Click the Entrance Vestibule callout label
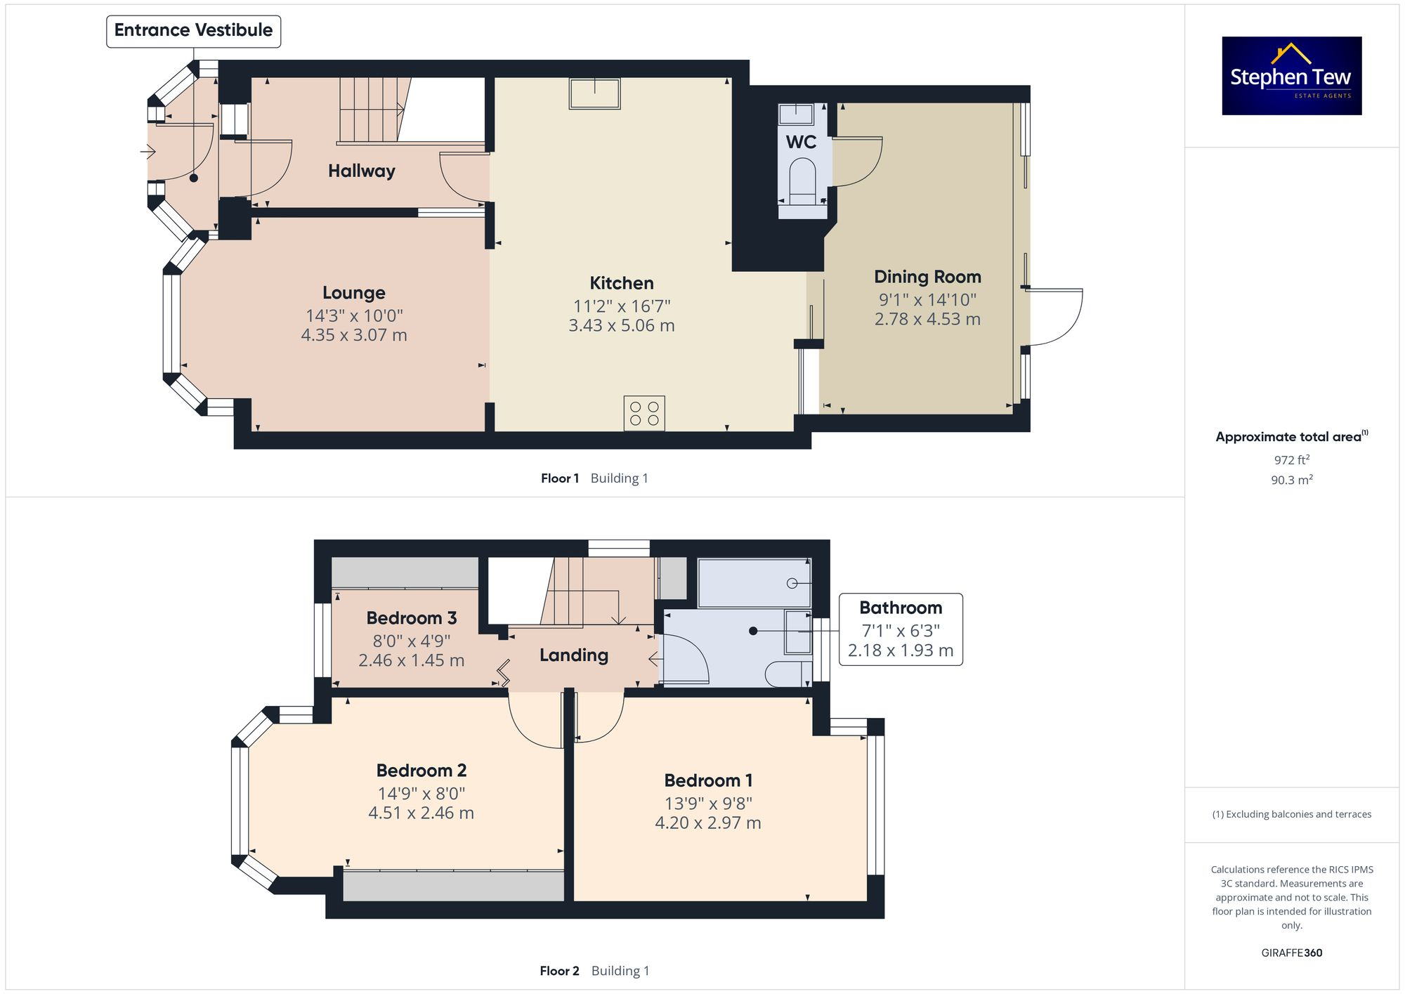tap(193, 31)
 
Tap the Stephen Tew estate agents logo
tap(1291, 76)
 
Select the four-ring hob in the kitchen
tap(644, 413)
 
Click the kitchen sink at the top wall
tap(594, 93)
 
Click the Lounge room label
tap(353, 293)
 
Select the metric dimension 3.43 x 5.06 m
tap(621, 326)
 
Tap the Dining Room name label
tap(927, 277)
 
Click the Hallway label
tap(361, 171)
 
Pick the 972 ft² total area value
tap(1291, 460)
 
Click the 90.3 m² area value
tap(1291, 480)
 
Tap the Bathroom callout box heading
tap(900, 608)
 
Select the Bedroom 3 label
tap(411, 618)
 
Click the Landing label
tap(573, 655)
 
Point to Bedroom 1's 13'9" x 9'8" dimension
tap(708, 803)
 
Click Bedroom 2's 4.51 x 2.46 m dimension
tap(421, 813)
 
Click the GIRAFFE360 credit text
tap(1291, 953)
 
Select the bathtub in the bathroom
tap(754, 583)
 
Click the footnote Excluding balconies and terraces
tap(1291, 815)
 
